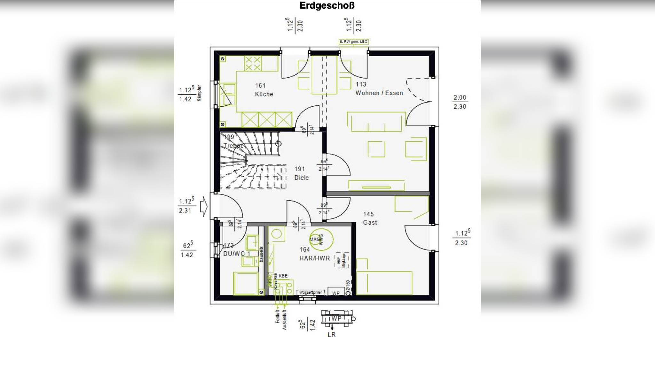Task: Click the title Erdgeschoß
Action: click(x=327, y=6)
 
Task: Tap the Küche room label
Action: click(x=264, y=94)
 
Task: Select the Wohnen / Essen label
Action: click(x=379, y=93)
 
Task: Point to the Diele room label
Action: click(x=301, y=178)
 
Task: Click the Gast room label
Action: click(x=370, y=222)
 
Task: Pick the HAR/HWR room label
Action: click(x=314, y=258)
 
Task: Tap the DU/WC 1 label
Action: click(x=237, y=254)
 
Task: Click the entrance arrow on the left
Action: click(x=203, y=207)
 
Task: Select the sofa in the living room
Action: click(x=376, y=122)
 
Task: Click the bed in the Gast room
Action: click(x=384, y=283)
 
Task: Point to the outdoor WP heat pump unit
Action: click(x=337, y=318)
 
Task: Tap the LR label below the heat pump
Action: click(x=332, y=335)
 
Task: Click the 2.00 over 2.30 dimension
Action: click(x=460, y=102)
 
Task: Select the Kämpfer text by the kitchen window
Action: click(x=199, y=93)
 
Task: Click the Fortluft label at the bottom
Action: click(x=278, y=316)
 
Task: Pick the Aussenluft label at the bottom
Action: click(x=284, y=320)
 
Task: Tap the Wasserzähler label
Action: click(x=311, y=292)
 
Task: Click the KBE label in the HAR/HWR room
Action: click(x=283, y=276)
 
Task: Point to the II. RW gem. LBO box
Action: click(x=353, y=42)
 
